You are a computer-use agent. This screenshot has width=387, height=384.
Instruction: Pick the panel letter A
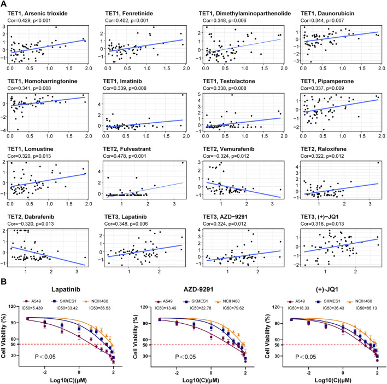coord(5,4)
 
